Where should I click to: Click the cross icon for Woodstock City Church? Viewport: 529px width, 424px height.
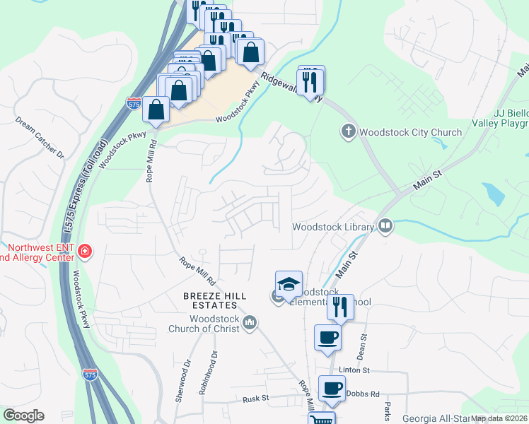[x=348, y=131]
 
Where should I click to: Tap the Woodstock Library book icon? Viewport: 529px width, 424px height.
[x=385, y=227]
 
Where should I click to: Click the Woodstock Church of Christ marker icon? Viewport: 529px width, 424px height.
[x=249, y=323]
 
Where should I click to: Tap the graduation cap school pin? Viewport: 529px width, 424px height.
[x=289, y=285]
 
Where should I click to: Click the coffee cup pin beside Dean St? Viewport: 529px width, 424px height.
[x=327, y=338]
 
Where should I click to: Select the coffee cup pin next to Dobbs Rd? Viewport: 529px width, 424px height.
[x=332, y=387]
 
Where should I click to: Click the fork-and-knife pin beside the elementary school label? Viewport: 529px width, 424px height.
[x=340, y=307]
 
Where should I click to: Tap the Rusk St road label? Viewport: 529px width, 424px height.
[x=256, y=399]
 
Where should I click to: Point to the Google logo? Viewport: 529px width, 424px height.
[x=23, y=416]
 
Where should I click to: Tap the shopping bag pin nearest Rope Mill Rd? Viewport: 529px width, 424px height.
[x=156, y=110]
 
